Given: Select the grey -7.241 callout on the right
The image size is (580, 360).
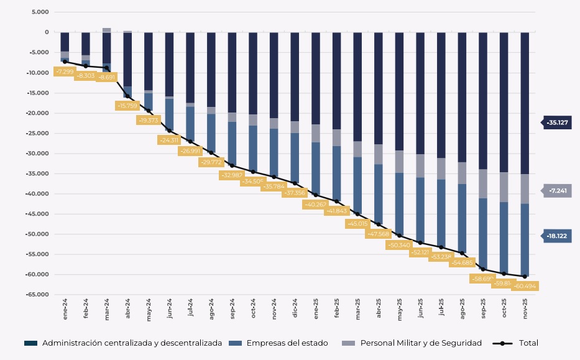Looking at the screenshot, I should [556, 192].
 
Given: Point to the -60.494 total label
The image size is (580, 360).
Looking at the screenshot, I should [525, 286].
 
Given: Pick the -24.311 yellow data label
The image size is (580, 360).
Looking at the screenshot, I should [169, 141].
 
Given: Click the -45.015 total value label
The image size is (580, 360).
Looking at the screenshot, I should [357, 223].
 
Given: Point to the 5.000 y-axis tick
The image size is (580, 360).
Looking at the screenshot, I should [39, 12].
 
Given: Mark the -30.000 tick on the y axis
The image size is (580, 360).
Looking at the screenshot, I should [36, 154].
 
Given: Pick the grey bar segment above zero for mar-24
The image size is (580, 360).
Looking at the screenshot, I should [107, 30].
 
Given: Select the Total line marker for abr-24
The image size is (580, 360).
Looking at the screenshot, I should [127, 96].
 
